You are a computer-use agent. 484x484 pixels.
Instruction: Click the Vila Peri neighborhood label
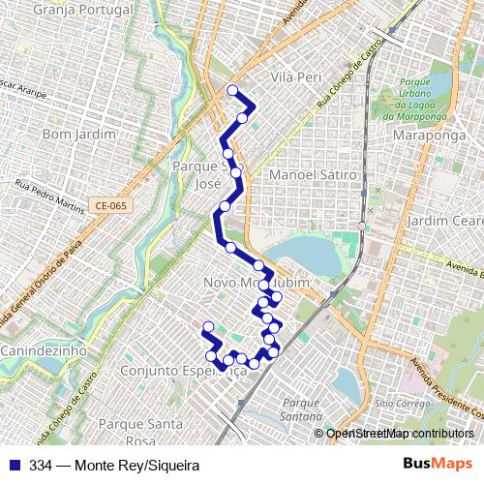point(295,76)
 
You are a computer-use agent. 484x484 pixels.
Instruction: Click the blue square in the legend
point(14,465)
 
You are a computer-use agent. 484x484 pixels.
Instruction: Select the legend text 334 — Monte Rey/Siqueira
point(108,465)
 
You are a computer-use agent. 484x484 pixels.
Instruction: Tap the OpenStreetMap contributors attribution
point(400,434)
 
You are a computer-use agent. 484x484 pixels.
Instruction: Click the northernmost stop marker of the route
point(232,91)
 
